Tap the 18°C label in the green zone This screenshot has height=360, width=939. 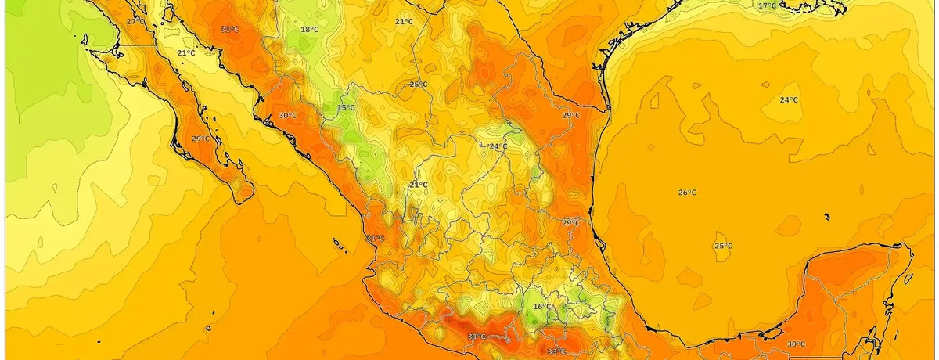tap(309, 30)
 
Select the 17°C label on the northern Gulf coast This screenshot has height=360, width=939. tap(767, 6)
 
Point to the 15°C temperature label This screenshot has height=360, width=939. tap(345, 108)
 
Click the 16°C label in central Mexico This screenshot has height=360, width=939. tap(542, 307)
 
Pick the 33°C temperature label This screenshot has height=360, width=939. tap(556, 351)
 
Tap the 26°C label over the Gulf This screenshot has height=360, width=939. tap(687, 193)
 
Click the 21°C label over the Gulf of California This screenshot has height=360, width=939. tap(185, 53)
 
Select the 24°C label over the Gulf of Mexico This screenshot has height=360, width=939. tap(788, 100)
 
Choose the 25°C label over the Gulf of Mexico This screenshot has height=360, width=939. tap(723, 246)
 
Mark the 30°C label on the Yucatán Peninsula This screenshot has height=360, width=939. tap(796, 344)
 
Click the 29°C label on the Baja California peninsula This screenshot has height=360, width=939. tap(200, 139)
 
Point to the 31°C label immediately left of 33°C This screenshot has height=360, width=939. tap(476, 337)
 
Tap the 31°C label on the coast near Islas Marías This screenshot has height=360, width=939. tap(375, 238)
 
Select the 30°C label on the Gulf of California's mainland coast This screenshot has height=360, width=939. tap(287, 116)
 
